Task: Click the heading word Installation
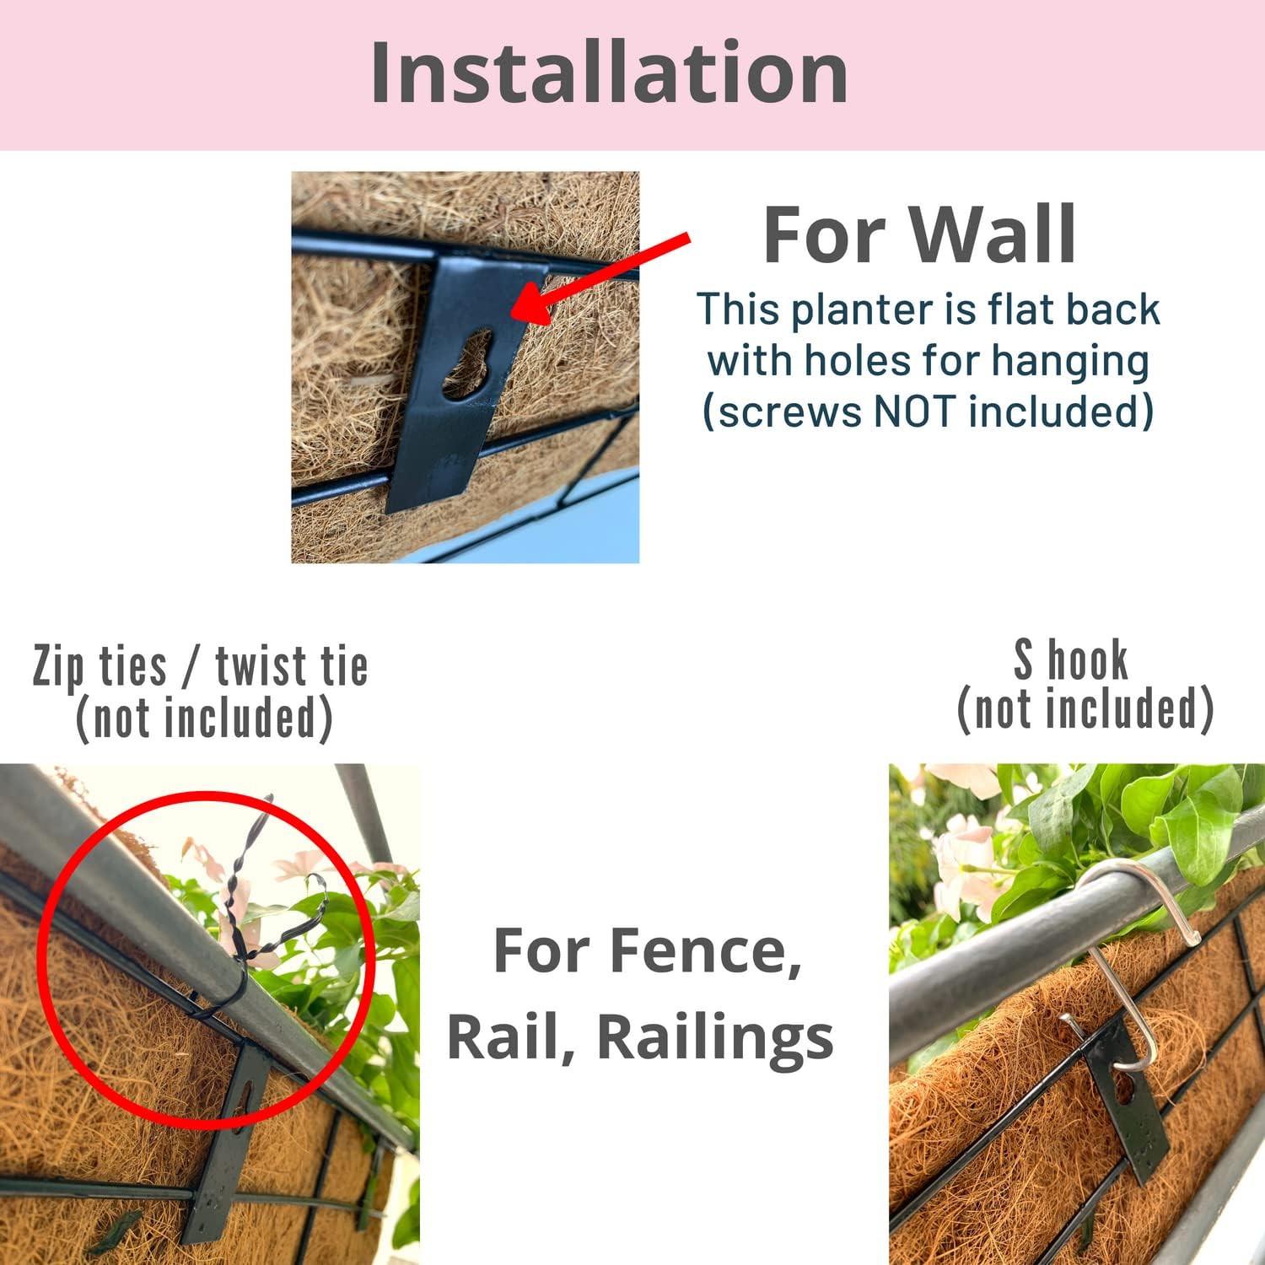(x=609, y=73)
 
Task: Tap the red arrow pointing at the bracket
(x=600, y=280)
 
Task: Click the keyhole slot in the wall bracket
(x=467, y=364)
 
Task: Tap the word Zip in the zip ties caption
(x=59, y=668)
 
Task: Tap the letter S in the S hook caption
(x=1023, y=660)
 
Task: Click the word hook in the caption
(x=1088, y=659)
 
